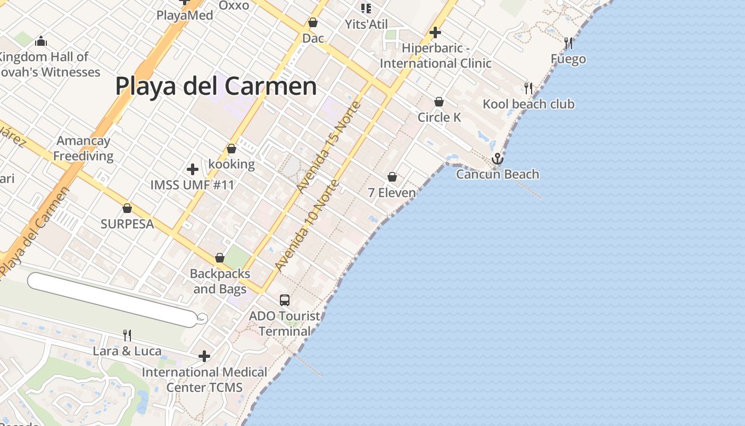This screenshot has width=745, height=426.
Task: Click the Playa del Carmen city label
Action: pyautogui.click(x=216, y=86)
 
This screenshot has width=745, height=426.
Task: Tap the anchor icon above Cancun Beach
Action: pyautogui.click(x=498, y=159)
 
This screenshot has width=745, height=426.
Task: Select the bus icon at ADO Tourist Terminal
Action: pyautogui.click(x=285, y=300)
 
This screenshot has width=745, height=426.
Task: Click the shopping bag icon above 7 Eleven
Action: pyautogui.click(x=392, y=177)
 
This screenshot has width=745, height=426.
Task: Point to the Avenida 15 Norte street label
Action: pyautogui.click(x=329, y=147)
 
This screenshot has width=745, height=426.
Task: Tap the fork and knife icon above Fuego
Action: pyautogui.click(x=568, y=43)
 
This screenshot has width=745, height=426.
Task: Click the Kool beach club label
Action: pyautogui.click(x=528, y=104)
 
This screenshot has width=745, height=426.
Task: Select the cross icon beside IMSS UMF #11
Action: pyautogui.click(x=193, y=169)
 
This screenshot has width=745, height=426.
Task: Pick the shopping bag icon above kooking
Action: pyautogui.click(x=231, y=149)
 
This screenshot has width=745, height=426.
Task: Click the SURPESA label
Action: pyautogui.click(x=127, y=224)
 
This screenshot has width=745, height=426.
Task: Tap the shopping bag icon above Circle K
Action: pyautogui.click(x=439, y=102)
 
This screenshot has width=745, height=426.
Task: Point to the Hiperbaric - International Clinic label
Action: pyautogui.click(x=435, y=56)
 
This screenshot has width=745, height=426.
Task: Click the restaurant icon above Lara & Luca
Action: pyautogui.click(x=127, y=335)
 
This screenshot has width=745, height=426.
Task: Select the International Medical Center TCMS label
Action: pyautogui.click(x=204, y=380)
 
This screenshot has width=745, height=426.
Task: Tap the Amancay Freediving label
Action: pyautogui.click(x=84, y=149)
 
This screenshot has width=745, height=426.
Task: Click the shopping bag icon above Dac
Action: pyautogui.click(x=313, y=23)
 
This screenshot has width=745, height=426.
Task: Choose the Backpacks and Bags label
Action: pyautogui.click(x=220, y=281)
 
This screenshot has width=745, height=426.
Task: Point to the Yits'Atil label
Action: pyautogui.click(x=366, y=24)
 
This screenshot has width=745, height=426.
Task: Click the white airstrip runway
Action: pyautogui.click(x=112, y=299)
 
